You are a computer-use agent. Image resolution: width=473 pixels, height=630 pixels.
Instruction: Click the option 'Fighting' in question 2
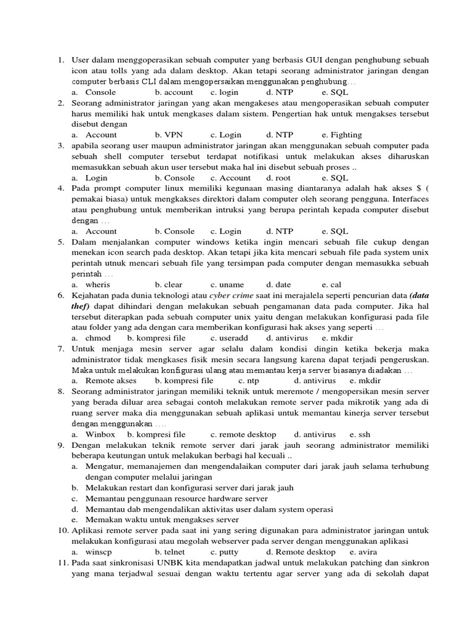[x=346, y=135]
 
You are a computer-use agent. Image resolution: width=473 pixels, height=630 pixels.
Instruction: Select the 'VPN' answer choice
[x=174, y=135]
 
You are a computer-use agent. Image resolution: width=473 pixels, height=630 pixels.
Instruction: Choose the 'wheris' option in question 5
[x=98, y=285]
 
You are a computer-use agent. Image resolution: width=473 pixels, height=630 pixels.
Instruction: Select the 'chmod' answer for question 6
[x=98, y=338]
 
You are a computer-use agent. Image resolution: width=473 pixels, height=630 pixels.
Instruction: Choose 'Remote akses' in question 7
[x=111, y=381]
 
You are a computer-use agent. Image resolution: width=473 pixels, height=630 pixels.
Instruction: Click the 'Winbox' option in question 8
[x=100, y=434]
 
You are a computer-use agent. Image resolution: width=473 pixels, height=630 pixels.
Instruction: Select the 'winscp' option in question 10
[x=99, y=552]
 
